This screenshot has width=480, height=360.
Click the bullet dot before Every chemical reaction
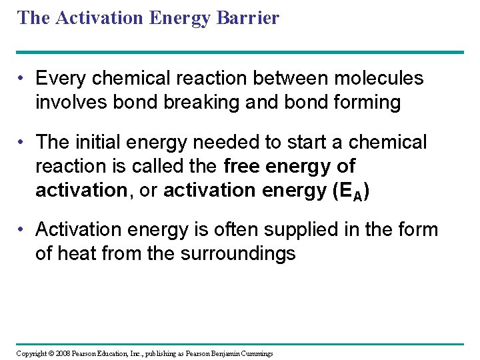[23, 79]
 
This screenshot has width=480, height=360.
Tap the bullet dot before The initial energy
[23, 142]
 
